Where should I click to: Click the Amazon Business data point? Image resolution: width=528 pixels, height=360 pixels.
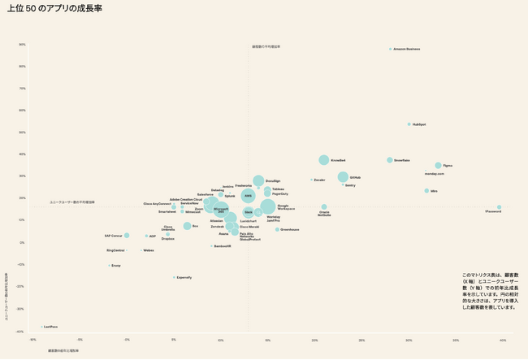tap(390, 49)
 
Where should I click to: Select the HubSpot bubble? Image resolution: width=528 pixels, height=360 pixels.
tap(409, 124)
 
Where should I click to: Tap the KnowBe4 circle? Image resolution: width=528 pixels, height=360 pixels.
tap(323, 160)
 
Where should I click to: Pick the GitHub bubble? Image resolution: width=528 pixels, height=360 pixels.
tap(343, 177)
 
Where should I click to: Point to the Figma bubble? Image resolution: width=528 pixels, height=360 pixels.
tap(438, 166)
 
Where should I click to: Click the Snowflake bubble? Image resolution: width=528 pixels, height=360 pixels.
tap(390, 160)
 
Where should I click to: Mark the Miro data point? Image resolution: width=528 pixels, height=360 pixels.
tap(426, 191)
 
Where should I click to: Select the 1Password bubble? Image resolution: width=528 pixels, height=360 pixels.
tap(500, 207)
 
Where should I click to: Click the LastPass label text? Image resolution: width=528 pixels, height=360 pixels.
tap(50, 327)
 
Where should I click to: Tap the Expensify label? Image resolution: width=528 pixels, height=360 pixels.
tap(184, 277)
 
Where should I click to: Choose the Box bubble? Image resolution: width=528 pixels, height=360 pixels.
tap(187, 226)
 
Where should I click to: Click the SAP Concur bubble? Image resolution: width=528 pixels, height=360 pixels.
tap(127, 236)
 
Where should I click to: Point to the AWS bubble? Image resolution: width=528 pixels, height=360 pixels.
tap(248, 196)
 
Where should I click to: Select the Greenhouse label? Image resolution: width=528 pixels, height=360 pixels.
tap(290, 229)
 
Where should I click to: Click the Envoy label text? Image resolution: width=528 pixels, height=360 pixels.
tap(116, 266)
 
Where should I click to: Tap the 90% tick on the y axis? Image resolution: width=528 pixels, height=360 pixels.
tap(22, 45)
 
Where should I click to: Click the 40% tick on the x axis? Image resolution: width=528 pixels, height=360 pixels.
tap(502, 340)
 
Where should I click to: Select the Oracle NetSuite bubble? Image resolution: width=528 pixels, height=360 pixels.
tap(324, 207)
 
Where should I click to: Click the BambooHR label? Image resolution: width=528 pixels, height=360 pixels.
tap(223, 245)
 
